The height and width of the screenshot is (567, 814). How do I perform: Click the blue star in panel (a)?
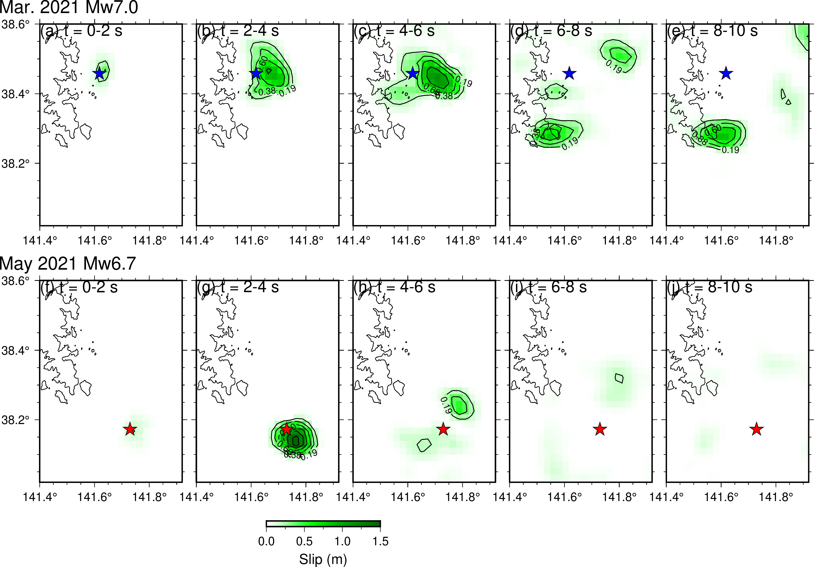[x=99, y=73]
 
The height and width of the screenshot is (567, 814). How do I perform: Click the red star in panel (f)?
[x=130, y=429]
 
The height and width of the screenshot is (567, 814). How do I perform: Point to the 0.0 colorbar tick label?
[x=266, y=541]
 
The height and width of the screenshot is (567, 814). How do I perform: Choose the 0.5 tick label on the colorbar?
[x=304, y=541]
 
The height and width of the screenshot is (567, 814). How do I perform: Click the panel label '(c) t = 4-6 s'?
[x=394, y=31]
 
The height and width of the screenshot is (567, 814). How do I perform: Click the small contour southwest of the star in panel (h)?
[x=424, y=445]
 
